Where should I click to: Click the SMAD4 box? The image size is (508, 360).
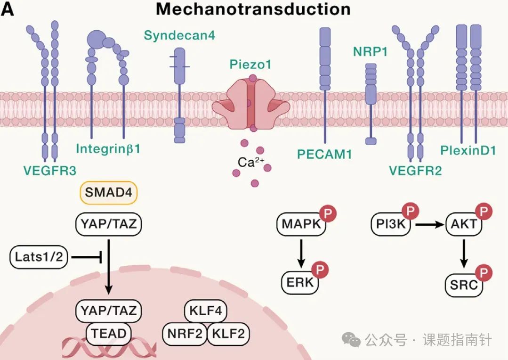coord(109,193)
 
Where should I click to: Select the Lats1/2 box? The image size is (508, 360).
coord(39,257)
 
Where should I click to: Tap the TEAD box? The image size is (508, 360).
coord(109,334)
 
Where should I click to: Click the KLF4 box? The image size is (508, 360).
coord(205,311)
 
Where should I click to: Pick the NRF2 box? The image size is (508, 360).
coord(185,334)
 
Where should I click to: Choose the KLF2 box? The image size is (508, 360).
coord(228,334)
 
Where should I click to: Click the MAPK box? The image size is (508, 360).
coord(301,224)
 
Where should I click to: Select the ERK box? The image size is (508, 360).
coord(300,282)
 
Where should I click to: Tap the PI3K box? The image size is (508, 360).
coord(391,224)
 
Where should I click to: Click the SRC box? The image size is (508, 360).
coord(464,285)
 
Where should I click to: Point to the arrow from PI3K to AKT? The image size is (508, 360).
coord(429,224)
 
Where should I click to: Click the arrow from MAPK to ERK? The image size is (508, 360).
coord(301,254)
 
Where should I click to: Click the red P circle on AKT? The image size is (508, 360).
coord(484,212)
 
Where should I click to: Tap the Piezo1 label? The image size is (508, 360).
coord(250,64)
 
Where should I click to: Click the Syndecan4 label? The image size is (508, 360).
coord(179,35)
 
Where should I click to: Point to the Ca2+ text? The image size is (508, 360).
coord(251,162)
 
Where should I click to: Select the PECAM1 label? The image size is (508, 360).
coord(324,154)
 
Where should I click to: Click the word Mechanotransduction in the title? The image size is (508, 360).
coord(253,9)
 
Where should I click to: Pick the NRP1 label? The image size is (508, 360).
coord(371,51)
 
